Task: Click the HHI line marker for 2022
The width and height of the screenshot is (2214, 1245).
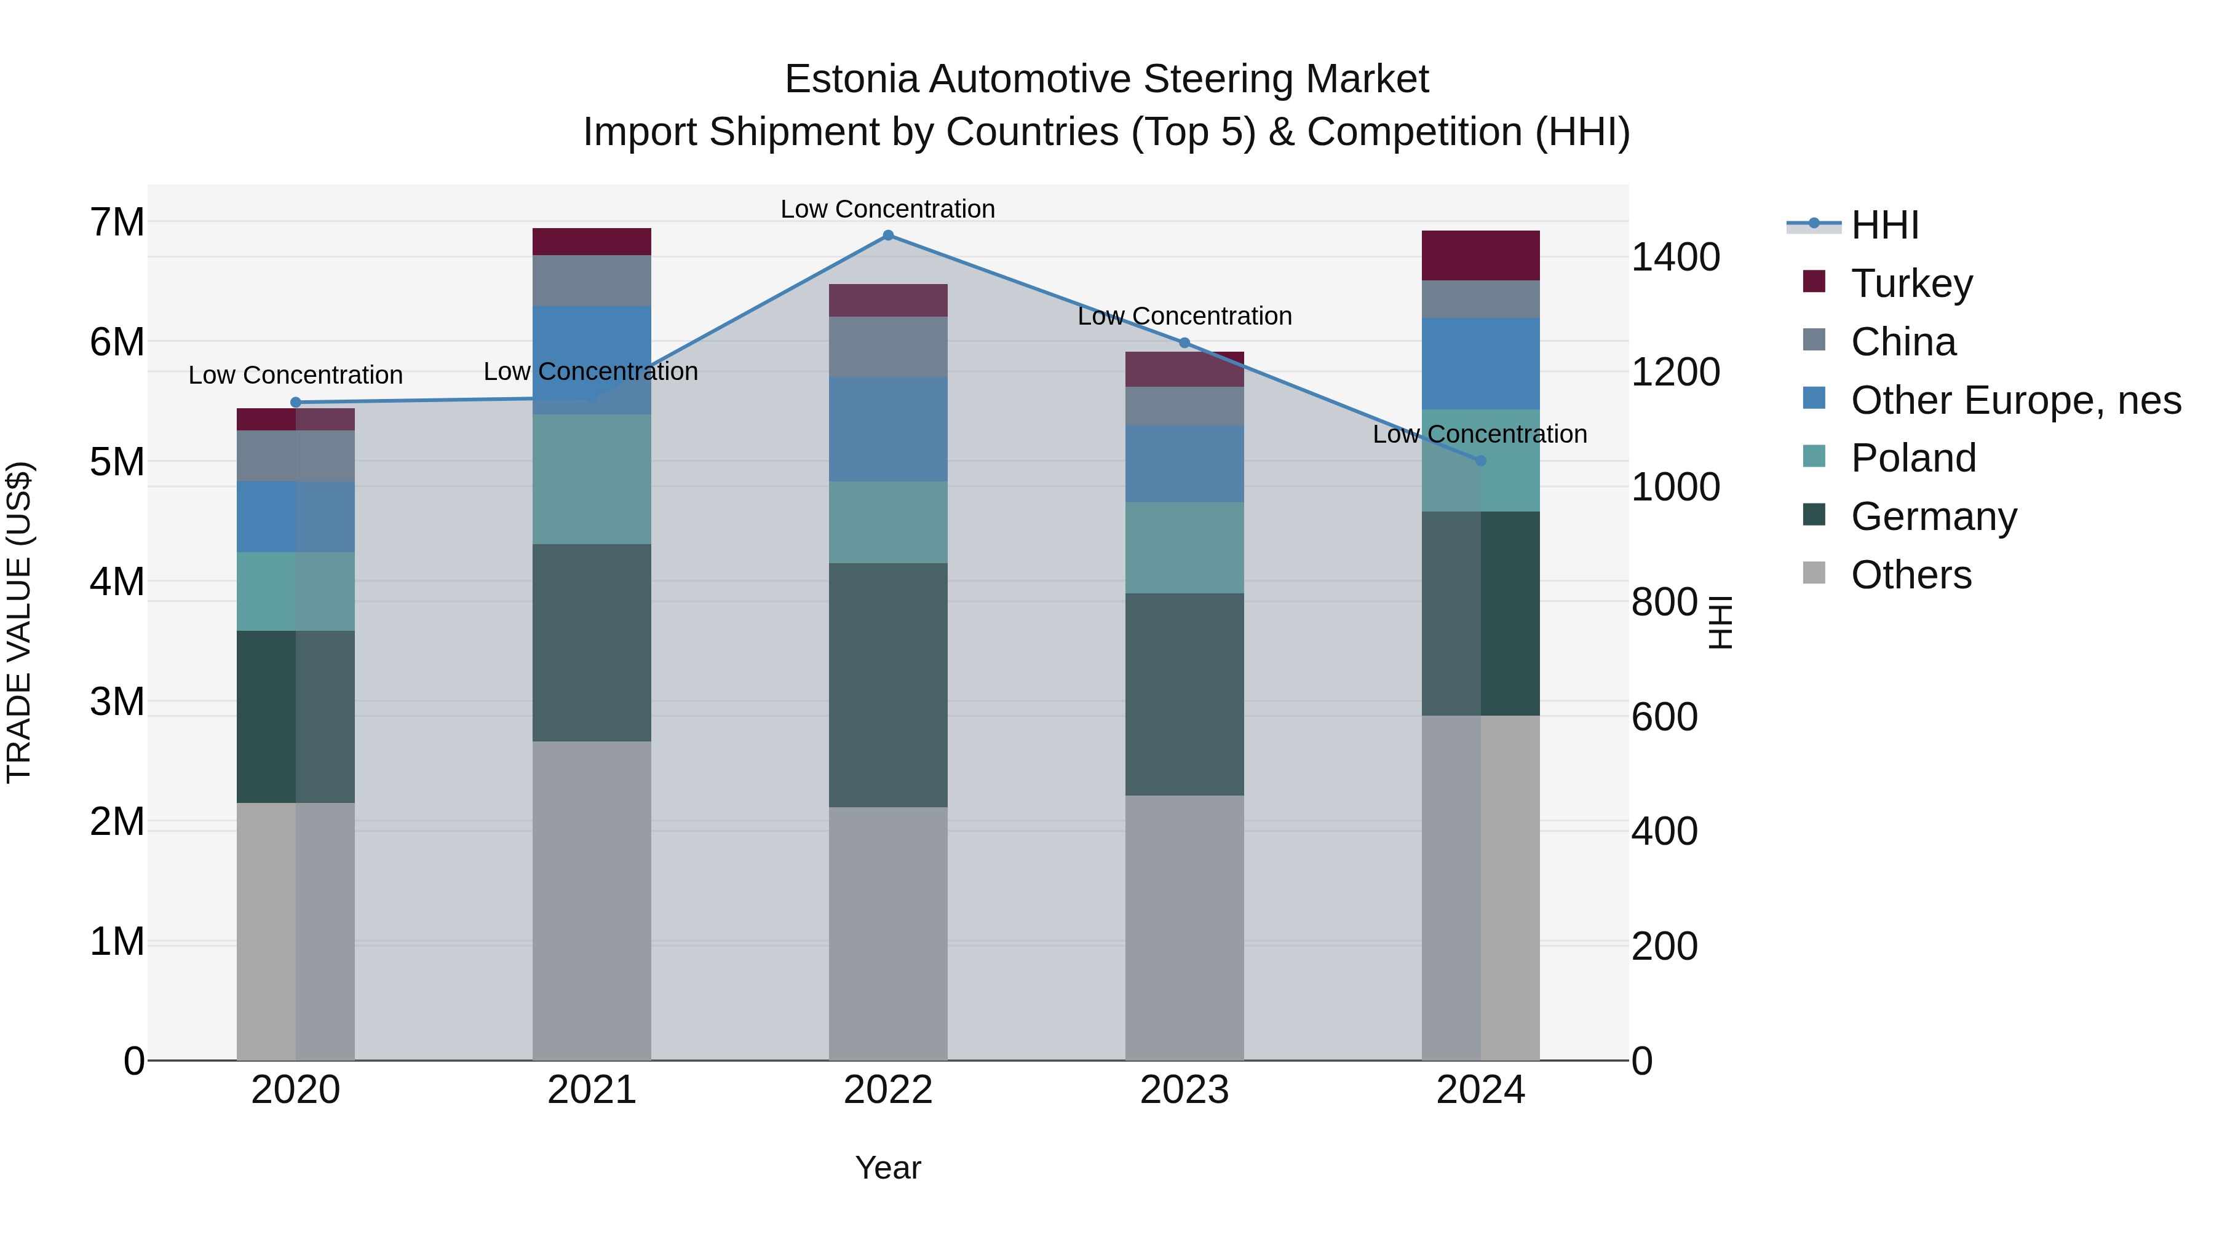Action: pyautogui.click(x=888, y=235)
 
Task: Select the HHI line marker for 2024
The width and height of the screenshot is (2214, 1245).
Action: pyautogui.click(x=1480, y=460)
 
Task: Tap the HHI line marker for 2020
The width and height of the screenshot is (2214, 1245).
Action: pyautogui.click(x=296, y=402)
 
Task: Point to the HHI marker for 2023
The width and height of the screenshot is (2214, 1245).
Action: pyautogui.click(x=1184, y=343)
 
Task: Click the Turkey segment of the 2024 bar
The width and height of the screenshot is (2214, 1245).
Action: pyautogui.click(x=1480, y=255)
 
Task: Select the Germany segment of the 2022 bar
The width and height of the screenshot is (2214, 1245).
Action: pyautogui.click(x=888, y=685)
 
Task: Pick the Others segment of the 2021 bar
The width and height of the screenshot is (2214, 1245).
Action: pyautogui.click(x=591, y=901)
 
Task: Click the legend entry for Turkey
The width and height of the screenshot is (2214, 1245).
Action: pyautogui.click(x=1911, y=283)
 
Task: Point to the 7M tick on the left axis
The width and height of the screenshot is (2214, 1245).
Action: pyautogui.click(x=117, y=222)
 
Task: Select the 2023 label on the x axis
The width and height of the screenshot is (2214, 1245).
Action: pyautogui.click(x=1184, y=1090)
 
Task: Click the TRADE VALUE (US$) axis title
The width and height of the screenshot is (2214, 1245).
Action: pyautogui.click(x=19, y=622)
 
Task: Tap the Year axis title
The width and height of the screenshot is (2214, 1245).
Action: pyautogui.click(x=888, y=1168)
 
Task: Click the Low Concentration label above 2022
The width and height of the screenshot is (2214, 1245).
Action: pyautogui.click(x=888, y=209)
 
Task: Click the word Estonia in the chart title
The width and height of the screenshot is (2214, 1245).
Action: pyautogui.click(x=851, y=79)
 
